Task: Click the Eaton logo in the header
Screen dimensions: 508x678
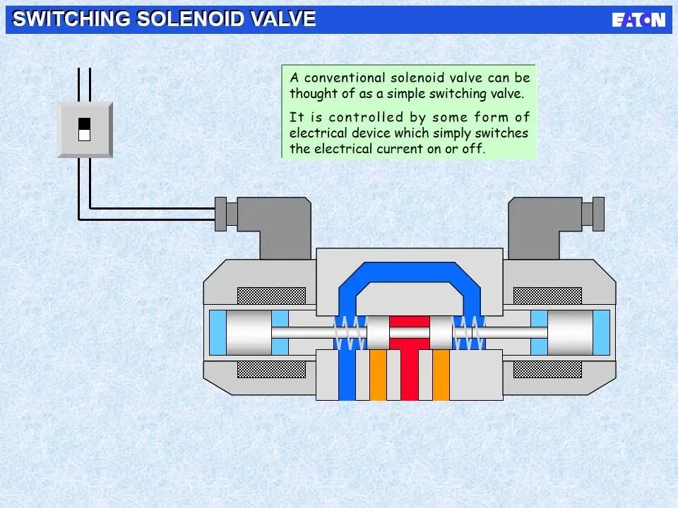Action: coord(638,20)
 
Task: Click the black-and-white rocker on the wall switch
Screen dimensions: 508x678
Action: coord(84,128)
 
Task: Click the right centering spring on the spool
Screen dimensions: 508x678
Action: coord(468,332)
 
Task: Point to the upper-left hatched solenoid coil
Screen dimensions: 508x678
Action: coord(272,296)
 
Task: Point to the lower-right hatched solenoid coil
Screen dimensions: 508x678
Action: coord(547,370)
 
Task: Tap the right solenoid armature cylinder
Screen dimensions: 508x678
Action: coord(570,333)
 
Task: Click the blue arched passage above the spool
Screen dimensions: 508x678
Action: coord(410,271)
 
